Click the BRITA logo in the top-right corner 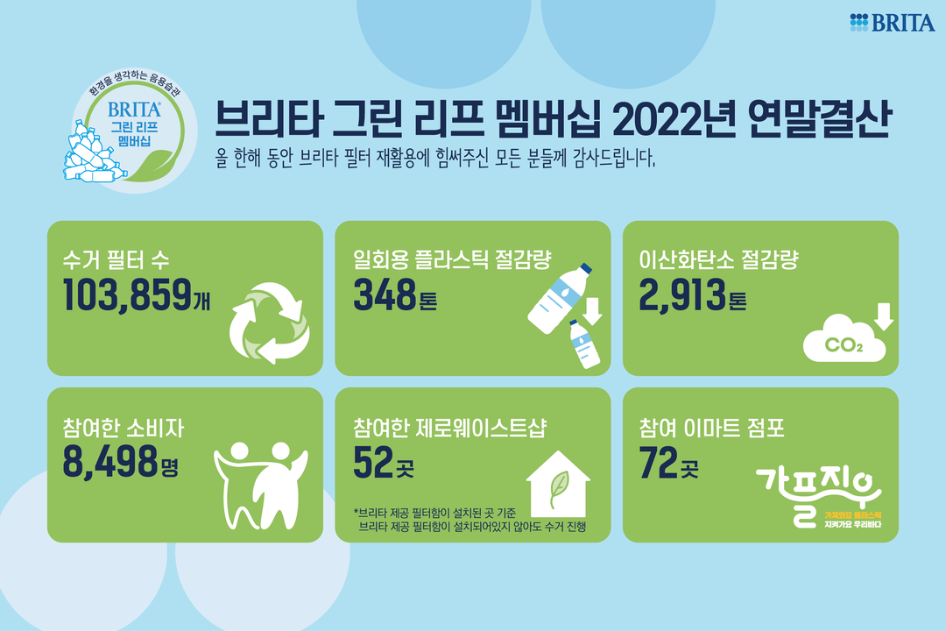tap(893, 22)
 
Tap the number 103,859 tap(127, 295)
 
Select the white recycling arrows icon tap(269, 323)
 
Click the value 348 tap(385, 294)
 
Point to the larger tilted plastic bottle tap(559, 298)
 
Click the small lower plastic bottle tap(584, 344)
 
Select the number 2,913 tap(682, 295)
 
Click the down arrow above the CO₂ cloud tap(884, 316)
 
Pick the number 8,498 tap(110, 462)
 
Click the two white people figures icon tap(261, 486)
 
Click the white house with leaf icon tap(558, 484)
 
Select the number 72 tap(658, 463)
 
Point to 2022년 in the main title tap(674, 118)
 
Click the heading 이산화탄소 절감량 tap(718, 259)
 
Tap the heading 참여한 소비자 tap(124, 428)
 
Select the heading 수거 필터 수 tap(116, 260)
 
